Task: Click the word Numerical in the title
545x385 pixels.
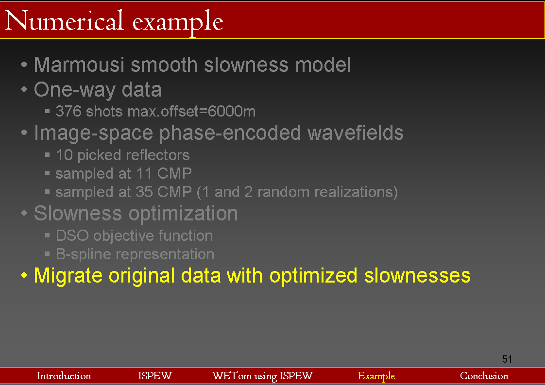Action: (x=64, y=21)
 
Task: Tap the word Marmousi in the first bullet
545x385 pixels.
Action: (x=79, y=65)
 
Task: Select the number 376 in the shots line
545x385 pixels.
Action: (x=68, y=111)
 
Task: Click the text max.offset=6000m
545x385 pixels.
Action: (x=191, y=111)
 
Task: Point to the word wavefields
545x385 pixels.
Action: (x=355, y=133)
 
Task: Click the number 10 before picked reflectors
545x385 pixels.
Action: (x=64, y=155)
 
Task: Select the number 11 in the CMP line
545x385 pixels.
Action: (x=144, y=173)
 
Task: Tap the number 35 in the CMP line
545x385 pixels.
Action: (x=144, y=192)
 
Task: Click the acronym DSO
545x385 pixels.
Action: (x=72, y=235)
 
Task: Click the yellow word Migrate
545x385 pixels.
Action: (x=68, y=276)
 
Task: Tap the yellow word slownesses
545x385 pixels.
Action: (x=417, y=276)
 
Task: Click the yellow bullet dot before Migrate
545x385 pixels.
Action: (x=24, y=276)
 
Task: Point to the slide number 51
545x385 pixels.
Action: (x=507, y=359)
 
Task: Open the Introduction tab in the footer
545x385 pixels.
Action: (x=64, y=376)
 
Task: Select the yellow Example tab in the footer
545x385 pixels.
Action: (x=376, y=376)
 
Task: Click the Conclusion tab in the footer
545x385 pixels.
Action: (x=484, y=376)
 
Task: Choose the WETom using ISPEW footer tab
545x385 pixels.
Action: (x=262, y=376)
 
